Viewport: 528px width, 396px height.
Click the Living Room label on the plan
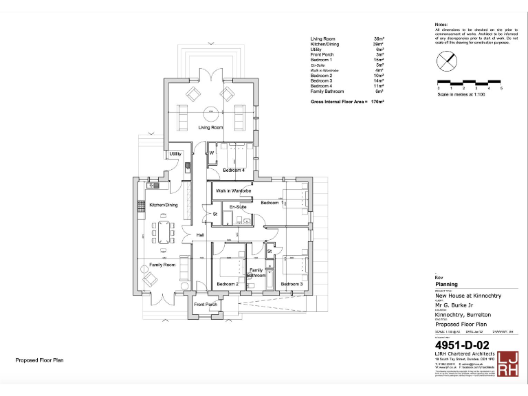coord(211,128)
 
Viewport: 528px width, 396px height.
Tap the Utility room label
coord(175,154)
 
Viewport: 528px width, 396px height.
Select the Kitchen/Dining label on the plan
coord(164,205)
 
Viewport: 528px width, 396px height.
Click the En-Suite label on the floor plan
coord(238,206)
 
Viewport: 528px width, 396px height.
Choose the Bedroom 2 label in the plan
coord(228,284)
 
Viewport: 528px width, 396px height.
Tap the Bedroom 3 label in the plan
coord(291,284)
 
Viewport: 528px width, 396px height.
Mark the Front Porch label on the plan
coord(206,305)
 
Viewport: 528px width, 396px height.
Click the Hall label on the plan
coord(201,236)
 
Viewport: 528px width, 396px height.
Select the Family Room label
coord(162,265)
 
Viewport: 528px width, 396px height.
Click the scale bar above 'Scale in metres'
coord(470,82)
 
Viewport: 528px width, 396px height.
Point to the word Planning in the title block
coord(446,283)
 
